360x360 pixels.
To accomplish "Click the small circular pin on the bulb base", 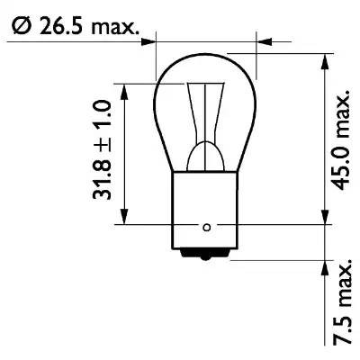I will [208, 226].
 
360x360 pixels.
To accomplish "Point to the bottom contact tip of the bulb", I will [208, 256].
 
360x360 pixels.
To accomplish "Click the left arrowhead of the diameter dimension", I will [149, 40].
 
